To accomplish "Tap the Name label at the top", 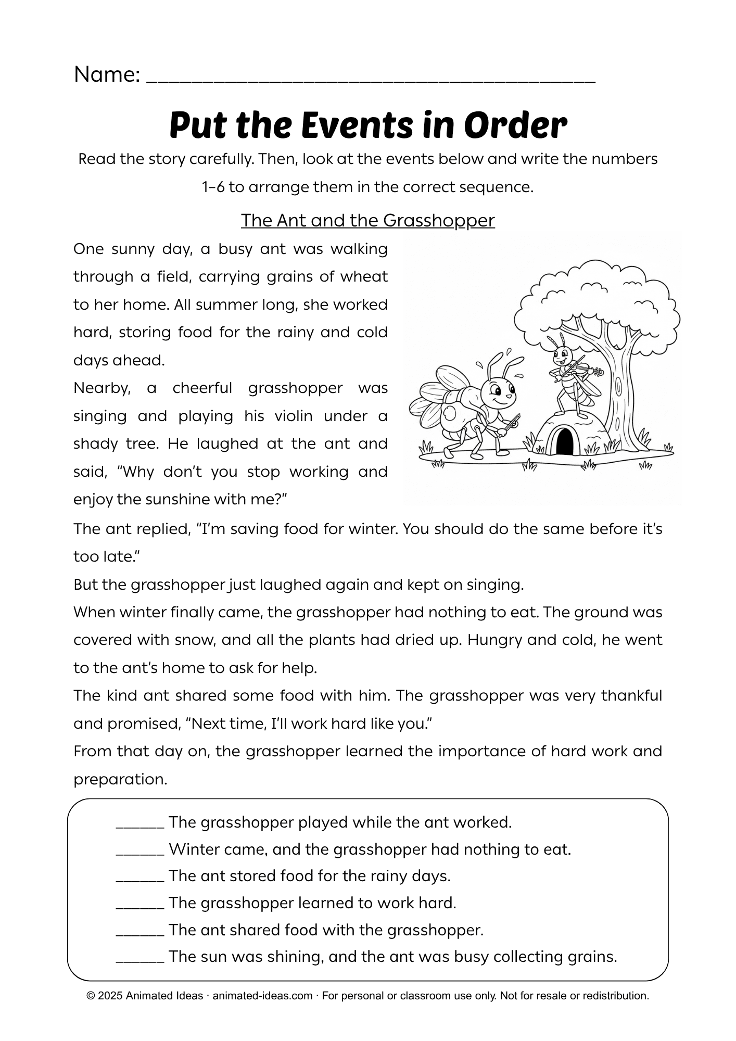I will click(107, 75).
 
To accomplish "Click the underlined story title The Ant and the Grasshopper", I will click(367, 221).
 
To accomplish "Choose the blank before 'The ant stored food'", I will click(140, 878).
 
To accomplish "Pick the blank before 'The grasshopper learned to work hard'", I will click(140, 905).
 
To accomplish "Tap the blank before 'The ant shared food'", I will click(140, 932).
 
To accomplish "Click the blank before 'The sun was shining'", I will click(140, 958).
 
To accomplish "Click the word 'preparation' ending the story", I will click(120, 780).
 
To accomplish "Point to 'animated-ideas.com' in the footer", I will click(262, 996).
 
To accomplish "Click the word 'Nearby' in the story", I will click(102, 388).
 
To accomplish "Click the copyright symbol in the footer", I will click(91, 996).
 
